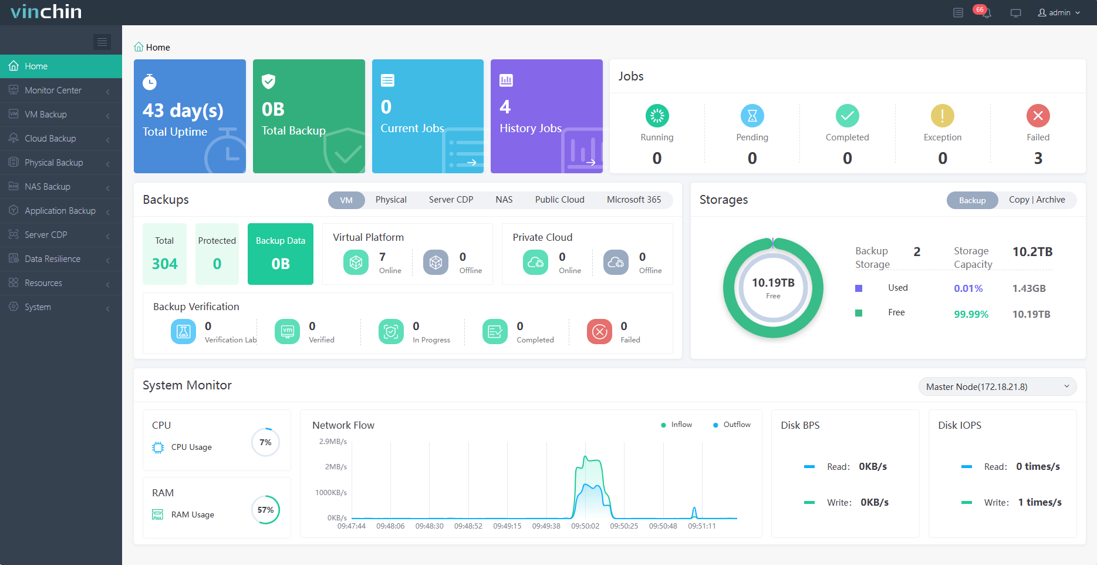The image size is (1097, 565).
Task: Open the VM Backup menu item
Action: (45, 115)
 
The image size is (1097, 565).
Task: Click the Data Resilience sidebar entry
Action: (52, 259)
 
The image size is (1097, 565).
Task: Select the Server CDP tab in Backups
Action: (451, 200)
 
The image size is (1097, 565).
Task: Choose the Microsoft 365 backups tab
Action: (633, 200)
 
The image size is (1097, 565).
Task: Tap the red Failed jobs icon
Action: (1038, 116)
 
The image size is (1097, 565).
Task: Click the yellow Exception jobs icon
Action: (942, 116)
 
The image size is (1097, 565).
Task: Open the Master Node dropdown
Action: (997, 386)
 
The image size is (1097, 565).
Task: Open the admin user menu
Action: (1059, 13)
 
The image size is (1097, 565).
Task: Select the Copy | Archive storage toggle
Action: (1037, 200)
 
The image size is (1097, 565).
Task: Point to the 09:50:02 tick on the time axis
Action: (585, 526)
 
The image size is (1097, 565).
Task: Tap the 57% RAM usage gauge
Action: (265, 510)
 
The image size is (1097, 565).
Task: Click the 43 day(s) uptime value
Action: (183, 110)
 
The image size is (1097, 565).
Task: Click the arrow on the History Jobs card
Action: (590, 162)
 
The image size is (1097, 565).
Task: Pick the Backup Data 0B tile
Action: (281, 254)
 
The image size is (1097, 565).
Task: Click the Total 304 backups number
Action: (164, 264)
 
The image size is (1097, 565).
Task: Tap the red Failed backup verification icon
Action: (599, 332)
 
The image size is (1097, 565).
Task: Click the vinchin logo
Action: (46, 12)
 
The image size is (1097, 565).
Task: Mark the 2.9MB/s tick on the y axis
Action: (333, 442)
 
